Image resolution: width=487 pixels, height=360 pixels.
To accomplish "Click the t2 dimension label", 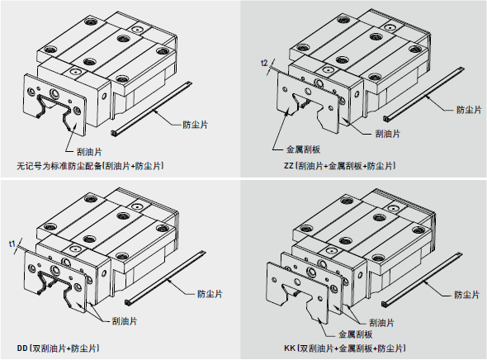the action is pos(264,63).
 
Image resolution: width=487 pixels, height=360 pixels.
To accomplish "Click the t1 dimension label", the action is pos(12,244).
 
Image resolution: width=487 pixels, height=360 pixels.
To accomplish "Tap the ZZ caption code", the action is pos(289,166).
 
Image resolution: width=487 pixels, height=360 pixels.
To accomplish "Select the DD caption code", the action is pos(22,348).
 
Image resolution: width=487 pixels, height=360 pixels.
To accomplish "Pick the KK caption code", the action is pos(290,348).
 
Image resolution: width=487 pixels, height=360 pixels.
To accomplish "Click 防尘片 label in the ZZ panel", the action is pos(469,110).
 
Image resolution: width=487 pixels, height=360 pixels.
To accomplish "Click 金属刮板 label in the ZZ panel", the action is pos(303,149).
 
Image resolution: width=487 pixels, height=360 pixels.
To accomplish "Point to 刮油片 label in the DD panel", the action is pos(125,321).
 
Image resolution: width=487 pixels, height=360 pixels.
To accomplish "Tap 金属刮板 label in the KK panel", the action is pos(355,334).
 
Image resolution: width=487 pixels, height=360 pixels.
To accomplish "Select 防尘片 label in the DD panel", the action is pos(210,294).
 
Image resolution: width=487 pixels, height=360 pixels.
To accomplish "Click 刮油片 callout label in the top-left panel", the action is pos(89,152).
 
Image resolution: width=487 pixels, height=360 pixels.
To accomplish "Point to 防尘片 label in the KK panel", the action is pos(467,295).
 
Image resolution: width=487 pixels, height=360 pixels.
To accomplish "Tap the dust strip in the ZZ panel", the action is pos(424,94).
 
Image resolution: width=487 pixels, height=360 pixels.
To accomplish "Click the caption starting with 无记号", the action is pos(90,166).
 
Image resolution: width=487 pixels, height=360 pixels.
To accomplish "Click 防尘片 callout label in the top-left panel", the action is pos(195,125).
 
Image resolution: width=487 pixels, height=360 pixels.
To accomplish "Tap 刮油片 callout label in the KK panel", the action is pos(381,323).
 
